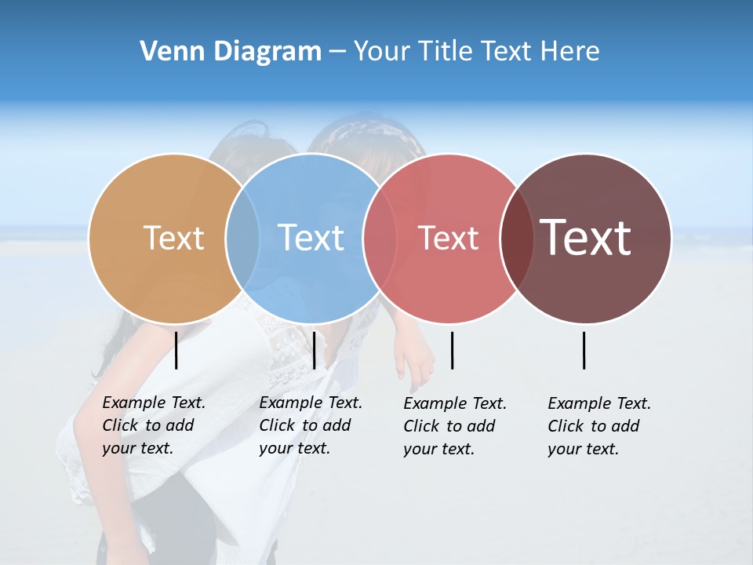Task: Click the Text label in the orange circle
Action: click(173, 238)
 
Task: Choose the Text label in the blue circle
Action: click(311, 238)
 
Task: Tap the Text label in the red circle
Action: click(448, 238)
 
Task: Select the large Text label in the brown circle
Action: click(586, 238)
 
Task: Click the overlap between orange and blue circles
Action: click(242, 239)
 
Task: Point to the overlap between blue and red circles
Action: click(380, 239)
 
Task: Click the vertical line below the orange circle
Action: click(176, 350)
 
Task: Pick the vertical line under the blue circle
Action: click(314, 350)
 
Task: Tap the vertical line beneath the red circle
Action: click(452, 350)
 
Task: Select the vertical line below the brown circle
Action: click(584, 350)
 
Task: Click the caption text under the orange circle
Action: click(153, 425)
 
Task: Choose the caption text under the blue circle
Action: click(310, 425)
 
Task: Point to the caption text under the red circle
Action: click(454, 426)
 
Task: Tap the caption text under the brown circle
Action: click(598, 426)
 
